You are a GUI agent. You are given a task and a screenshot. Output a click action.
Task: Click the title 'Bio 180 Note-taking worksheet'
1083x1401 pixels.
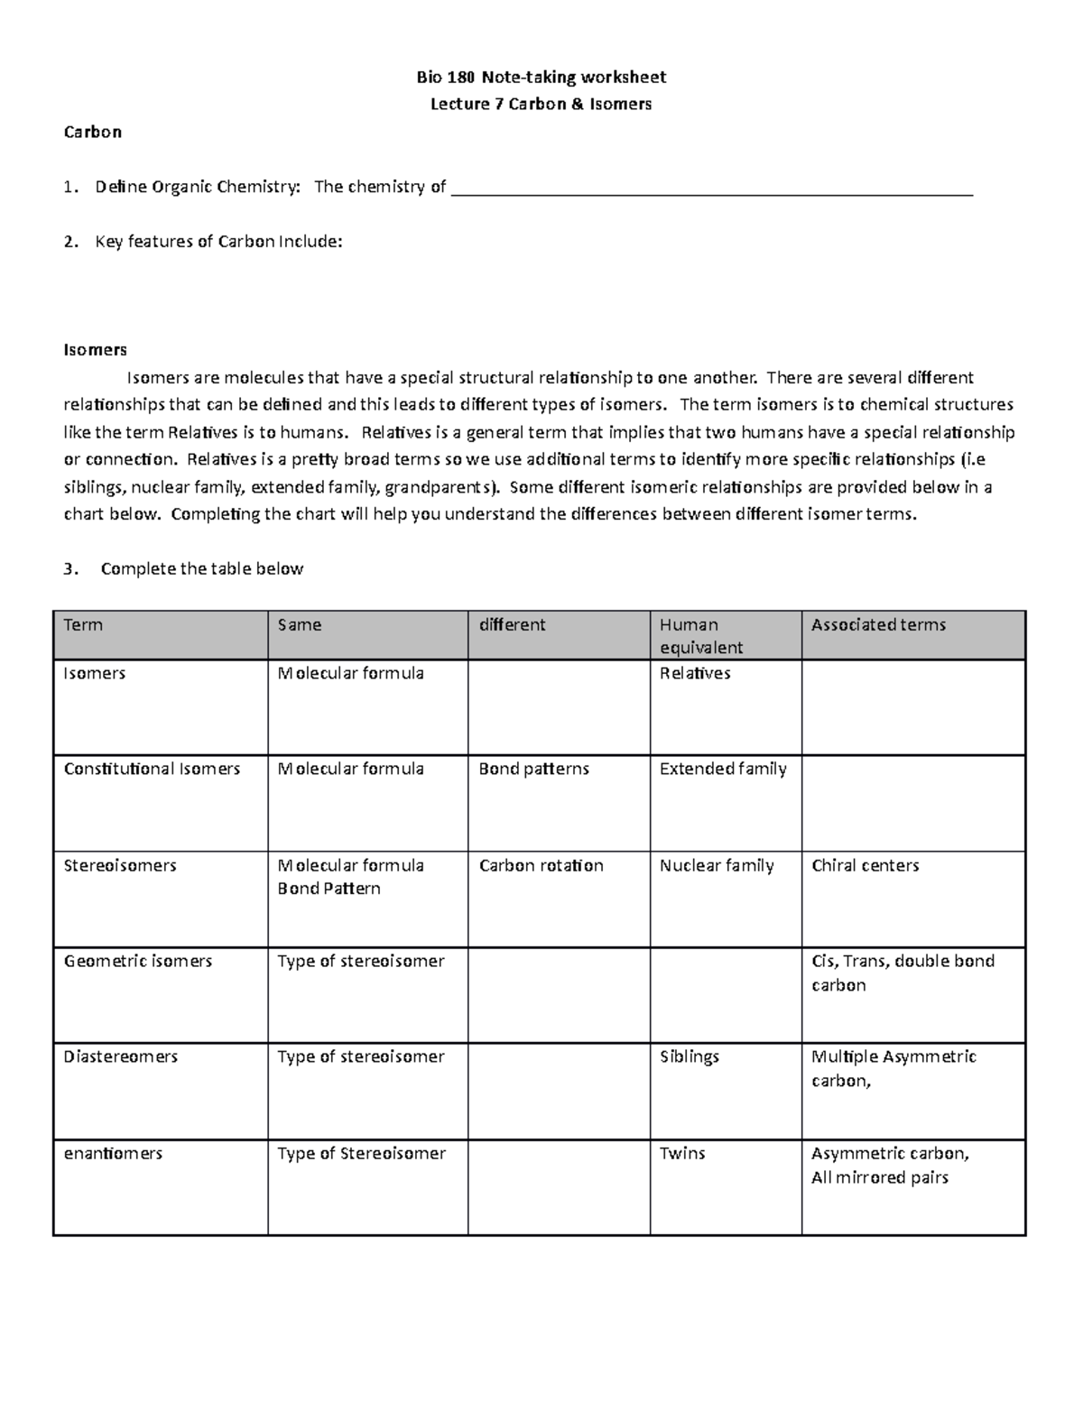541,77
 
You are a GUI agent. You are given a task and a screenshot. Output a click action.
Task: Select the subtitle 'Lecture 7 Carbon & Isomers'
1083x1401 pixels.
541,104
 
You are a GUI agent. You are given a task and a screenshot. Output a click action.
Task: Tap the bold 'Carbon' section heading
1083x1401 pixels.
92,132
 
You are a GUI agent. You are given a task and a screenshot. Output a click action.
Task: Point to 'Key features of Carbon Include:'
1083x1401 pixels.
218,241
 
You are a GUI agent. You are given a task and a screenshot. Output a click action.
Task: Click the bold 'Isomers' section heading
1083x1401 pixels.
95,349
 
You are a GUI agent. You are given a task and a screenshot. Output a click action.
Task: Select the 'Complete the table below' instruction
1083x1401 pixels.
202,568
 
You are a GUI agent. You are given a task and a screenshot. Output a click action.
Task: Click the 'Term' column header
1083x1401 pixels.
83,624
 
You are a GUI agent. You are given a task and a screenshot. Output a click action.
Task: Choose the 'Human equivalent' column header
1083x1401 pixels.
701,635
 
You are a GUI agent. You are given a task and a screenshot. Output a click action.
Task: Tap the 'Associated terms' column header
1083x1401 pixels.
878,624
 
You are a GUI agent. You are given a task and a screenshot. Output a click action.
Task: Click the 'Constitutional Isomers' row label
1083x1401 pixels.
152,769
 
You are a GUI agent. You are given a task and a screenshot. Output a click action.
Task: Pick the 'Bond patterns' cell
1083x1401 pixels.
533,769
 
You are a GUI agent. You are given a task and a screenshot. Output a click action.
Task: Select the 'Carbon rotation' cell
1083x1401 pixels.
541,865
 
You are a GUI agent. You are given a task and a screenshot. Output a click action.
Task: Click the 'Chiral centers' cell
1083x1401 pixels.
865,865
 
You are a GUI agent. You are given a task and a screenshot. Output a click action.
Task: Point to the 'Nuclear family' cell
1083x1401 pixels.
717,865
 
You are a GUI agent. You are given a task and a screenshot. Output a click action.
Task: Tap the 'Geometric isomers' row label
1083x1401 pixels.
137,961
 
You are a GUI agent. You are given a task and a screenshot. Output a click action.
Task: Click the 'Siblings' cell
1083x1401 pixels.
689,1056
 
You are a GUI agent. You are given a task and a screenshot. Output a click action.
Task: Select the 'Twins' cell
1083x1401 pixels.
682,1153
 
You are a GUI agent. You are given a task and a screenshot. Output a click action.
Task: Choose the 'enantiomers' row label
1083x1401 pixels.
113,1153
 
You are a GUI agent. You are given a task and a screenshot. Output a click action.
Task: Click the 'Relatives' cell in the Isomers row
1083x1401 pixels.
695,673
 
